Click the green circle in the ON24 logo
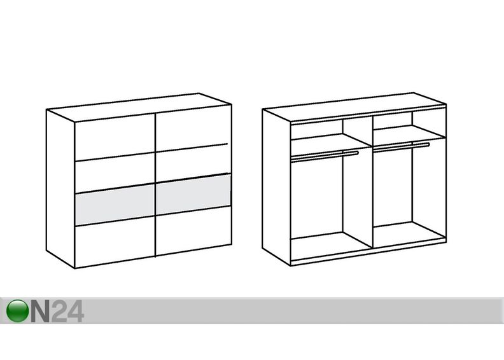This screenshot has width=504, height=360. (17, 310)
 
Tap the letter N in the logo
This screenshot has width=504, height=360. (40, 311)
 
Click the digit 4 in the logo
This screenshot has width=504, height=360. (75, 311)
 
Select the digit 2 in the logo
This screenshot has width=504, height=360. (59, 311)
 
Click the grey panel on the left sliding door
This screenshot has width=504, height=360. (115, 205)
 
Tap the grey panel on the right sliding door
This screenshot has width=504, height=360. (193, 194)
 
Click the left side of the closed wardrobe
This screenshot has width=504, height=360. (60, 189)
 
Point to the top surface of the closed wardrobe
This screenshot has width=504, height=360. (139, 107)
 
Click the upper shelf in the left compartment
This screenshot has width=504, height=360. (331, 141)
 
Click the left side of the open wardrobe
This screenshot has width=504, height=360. (277, 187)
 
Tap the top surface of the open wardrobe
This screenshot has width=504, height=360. (354, 107)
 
